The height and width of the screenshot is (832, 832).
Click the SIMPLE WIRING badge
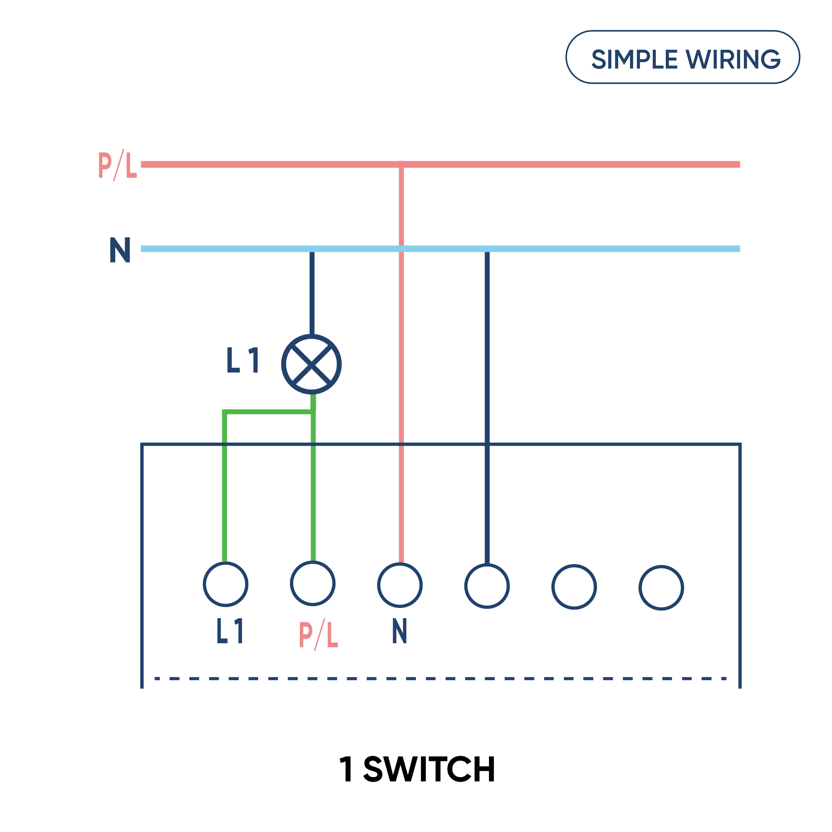683,57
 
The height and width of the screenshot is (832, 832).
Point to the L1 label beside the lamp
242,360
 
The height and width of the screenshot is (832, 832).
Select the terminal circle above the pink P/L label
313,584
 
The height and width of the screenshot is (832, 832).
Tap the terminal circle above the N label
400,585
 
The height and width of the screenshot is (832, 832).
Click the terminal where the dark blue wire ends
487,586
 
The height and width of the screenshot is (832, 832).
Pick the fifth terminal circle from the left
574,587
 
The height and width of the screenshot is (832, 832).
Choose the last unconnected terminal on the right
661,588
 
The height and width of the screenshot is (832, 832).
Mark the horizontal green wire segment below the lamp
268,412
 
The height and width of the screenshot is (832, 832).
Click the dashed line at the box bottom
440,679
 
